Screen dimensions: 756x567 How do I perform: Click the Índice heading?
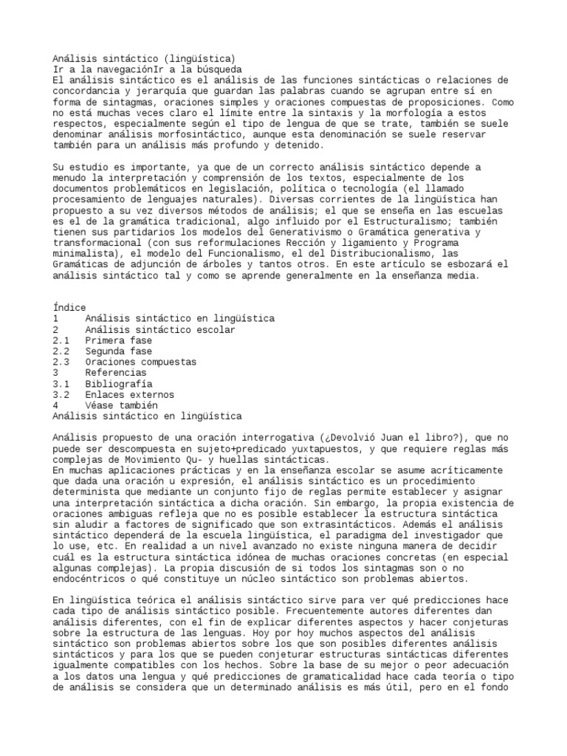(69, 307)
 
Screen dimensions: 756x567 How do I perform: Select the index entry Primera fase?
(118, 340)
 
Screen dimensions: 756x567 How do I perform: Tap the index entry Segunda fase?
(118, 351)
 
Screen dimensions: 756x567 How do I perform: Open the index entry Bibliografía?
(118, 384)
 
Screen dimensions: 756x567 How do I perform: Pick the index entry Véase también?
(121, 405)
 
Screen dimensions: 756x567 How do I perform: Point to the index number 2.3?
(61, 362)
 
